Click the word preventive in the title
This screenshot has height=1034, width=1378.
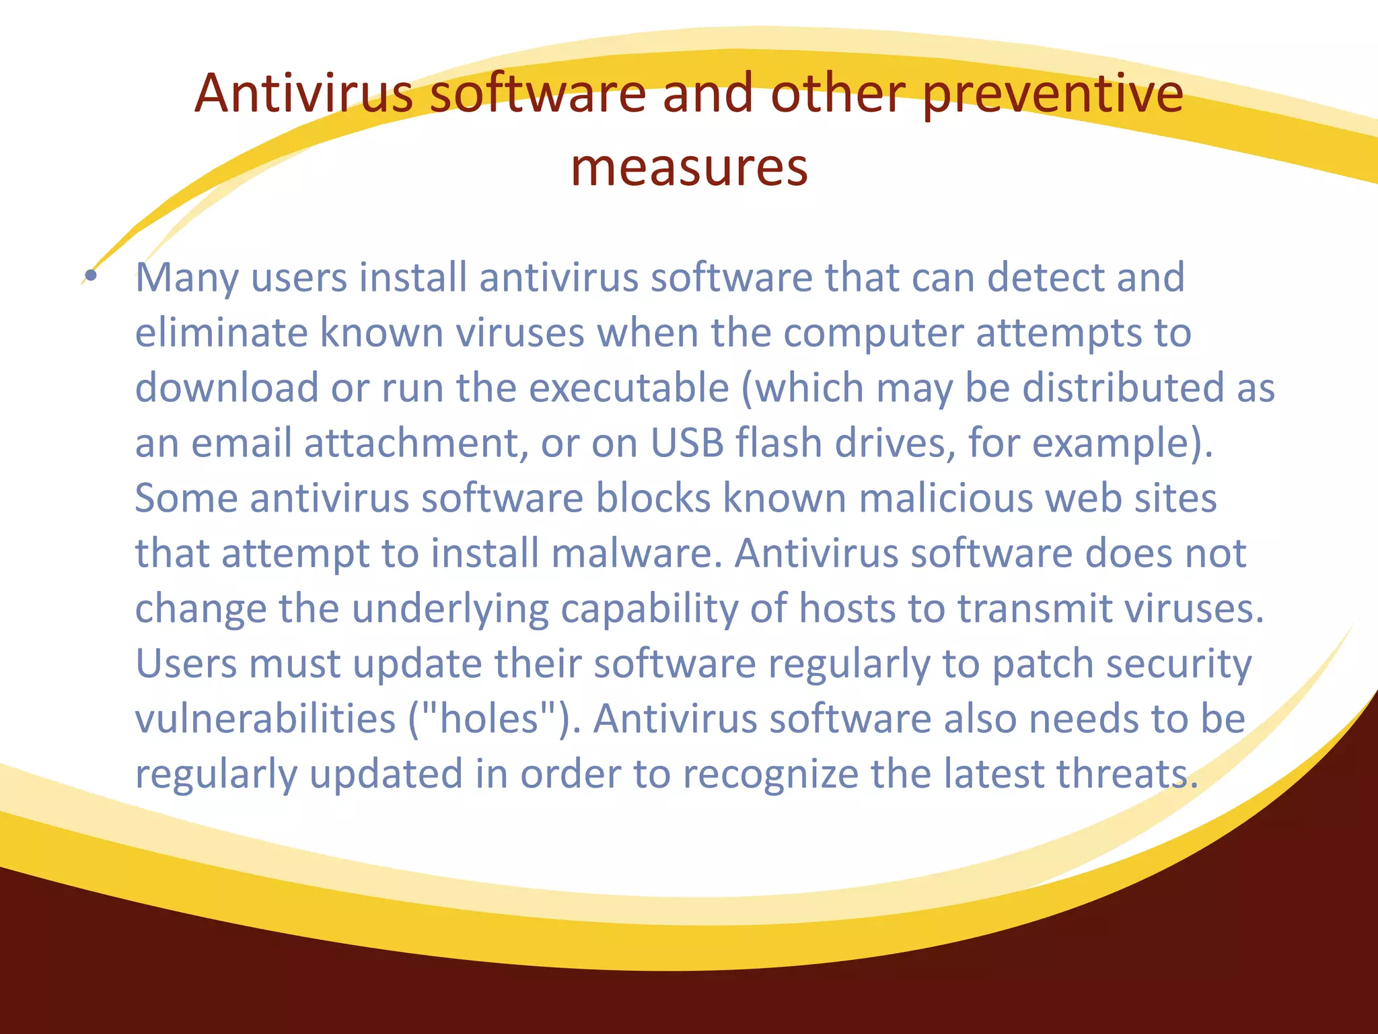pos(1052,94)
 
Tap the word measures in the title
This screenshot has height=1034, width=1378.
pos(689,168)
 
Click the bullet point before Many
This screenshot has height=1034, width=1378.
pos(91,275)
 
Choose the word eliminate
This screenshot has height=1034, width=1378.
pos(221,333)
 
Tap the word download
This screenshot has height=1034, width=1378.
pos(227,388)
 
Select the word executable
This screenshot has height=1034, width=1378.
pos(628,388)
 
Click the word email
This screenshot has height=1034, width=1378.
pos(242,443)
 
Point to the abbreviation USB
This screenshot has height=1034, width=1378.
pos(687,443)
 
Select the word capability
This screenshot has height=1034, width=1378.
pos(649,610)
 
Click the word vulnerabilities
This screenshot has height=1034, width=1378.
pos(266,719)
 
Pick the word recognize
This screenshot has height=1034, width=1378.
pos(770,774)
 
